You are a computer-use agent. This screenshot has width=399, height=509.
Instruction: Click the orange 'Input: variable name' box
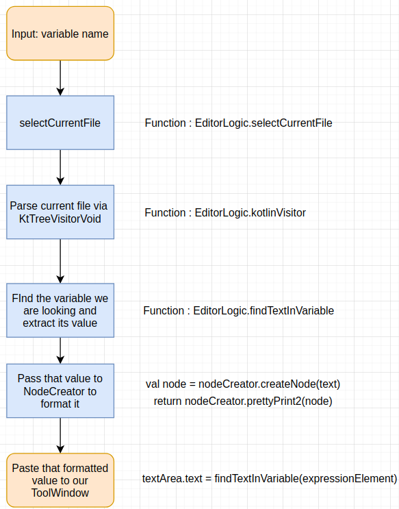coord(60,34)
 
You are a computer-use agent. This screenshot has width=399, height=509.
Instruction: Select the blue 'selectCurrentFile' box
coord(60,123)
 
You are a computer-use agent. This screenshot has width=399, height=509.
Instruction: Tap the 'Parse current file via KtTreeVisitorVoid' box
coord(60,212)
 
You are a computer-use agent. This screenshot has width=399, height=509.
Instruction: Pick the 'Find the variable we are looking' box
coord(60,310)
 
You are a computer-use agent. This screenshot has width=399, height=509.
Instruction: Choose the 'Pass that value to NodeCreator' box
coord(60,391)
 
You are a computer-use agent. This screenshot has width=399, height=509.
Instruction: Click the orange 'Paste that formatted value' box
coord(60,480)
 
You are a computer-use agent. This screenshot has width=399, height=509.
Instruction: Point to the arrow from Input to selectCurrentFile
coord(60,78)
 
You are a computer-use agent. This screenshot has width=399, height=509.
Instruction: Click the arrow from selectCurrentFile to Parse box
coord(60,167)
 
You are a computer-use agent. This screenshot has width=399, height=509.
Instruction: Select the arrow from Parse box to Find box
coord(60,261)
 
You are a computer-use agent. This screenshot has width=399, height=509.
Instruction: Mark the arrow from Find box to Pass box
coord(60,351)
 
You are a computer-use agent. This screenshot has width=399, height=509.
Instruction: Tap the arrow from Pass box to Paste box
coord(60,435)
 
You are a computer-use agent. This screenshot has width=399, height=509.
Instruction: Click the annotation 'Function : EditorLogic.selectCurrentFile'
coord(238,123)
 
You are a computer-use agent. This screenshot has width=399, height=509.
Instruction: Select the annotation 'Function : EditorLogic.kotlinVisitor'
coord(225,212)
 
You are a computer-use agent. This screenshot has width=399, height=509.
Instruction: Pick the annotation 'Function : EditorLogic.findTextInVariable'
coord(239,310)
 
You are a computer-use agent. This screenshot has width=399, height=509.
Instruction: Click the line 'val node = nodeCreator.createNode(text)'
coord(243,384)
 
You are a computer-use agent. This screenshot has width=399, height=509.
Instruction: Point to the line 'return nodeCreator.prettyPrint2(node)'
coord(243,401)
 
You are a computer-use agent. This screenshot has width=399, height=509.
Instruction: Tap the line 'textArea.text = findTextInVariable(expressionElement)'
coord(270,478)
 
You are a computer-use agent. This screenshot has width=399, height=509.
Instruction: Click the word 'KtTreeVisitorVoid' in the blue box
coord(60,219)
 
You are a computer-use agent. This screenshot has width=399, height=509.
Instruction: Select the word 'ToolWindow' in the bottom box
coord(60,493)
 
